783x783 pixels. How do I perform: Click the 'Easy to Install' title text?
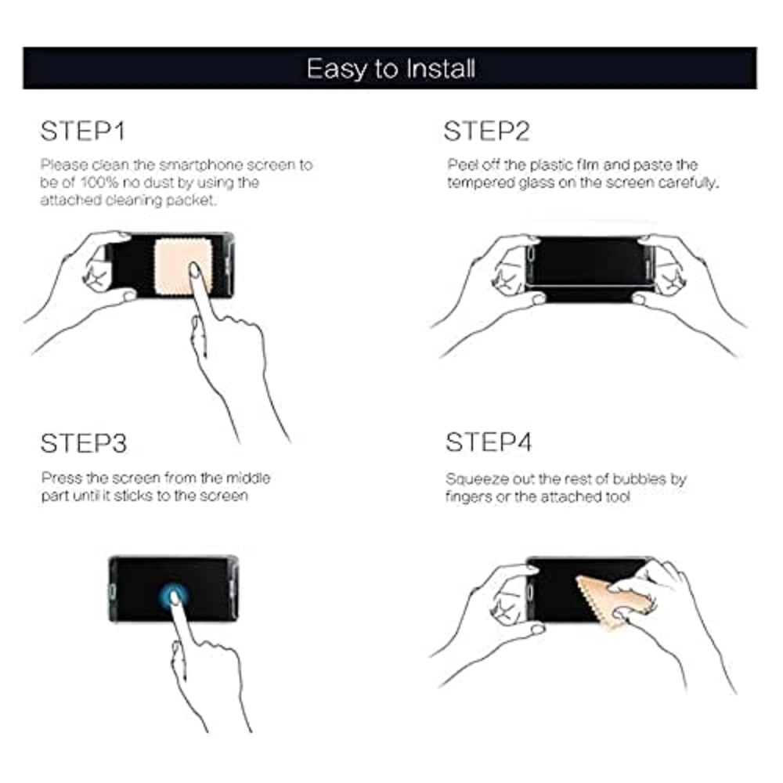pos(391,69)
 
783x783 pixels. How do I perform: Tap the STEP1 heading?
pos(82,132)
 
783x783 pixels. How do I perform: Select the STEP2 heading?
pos(486,132)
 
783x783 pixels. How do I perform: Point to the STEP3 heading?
pos(84,443)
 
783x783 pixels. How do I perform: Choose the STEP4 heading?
pos(489,442)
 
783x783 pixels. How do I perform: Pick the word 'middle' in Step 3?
pos(248,478)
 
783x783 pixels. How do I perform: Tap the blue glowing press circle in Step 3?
pos(173,595)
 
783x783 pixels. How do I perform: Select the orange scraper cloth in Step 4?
pos(609,601)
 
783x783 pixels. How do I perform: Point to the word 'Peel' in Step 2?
pos(459,164)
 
